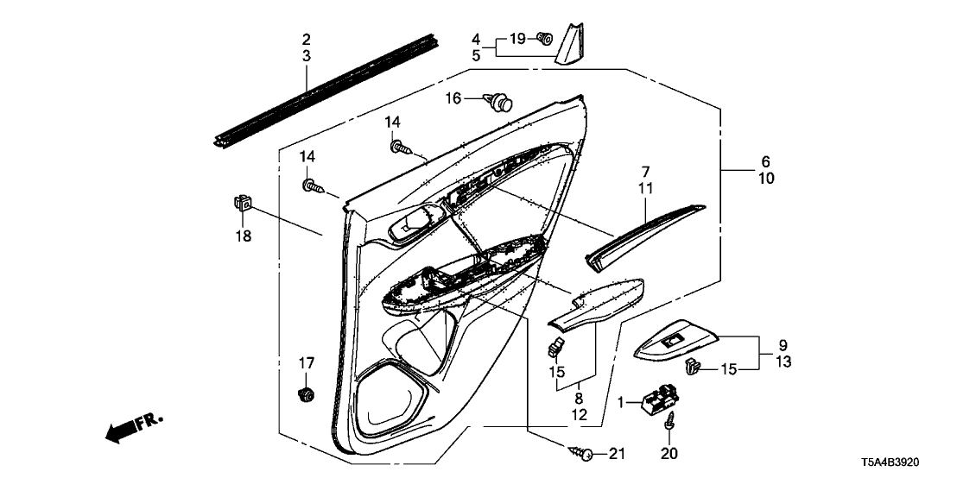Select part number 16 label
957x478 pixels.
454,98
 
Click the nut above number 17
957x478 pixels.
305,395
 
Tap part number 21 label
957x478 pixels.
615,454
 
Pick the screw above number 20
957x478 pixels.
669,425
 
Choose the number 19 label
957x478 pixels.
516,39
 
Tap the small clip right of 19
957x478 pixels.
544,38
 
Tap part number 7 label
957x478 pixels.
645,172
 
